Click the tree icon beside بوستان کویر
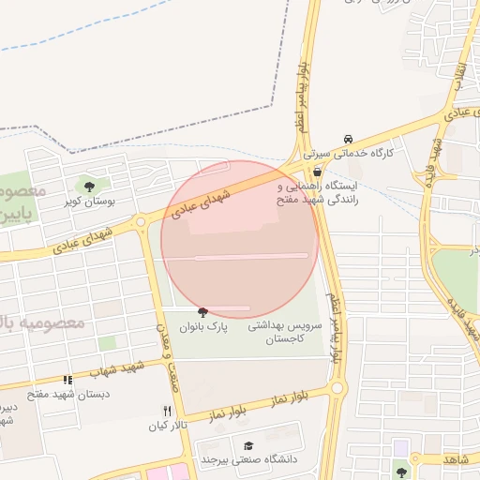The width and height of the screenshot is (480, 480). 89,187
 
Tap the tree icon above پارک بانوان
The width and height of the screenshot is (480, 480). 202,311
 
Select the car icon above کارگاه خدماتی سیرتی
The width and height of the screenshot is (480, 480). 349,138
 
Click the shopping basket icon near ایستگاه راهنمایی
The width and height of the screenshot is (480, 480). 318,172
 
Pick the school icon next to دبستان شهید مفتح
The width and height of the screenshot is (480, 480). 67,380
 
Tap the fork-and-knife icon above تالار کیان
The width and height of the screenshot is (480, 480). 167,411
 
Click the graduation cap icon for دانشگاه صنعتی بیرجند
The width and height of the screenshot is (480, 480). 248,444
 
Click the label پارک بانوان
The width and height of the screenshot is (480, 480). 198,326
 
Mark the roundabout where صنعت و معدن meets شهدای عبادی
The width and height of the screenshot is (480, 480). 141,222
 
